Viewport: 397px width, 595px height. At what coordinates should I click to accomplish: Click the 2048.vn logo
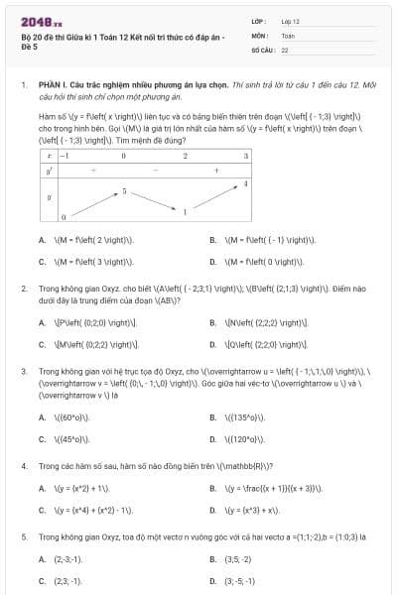click(36, 21)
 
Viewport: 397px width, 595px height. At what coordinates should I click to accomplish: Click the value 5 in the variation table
click(124, 189)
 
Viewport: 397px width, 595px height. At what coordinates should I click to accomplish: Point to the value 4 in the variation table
click(246, 184)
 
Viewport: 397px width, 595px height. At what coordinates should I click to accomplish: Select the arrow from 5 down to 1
click(154, 200)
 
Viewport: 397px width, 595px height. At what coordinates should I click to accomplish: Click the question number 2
click(23, 288)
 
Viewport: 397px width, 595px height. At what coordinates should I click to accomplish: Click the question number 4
click(23, 464)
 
